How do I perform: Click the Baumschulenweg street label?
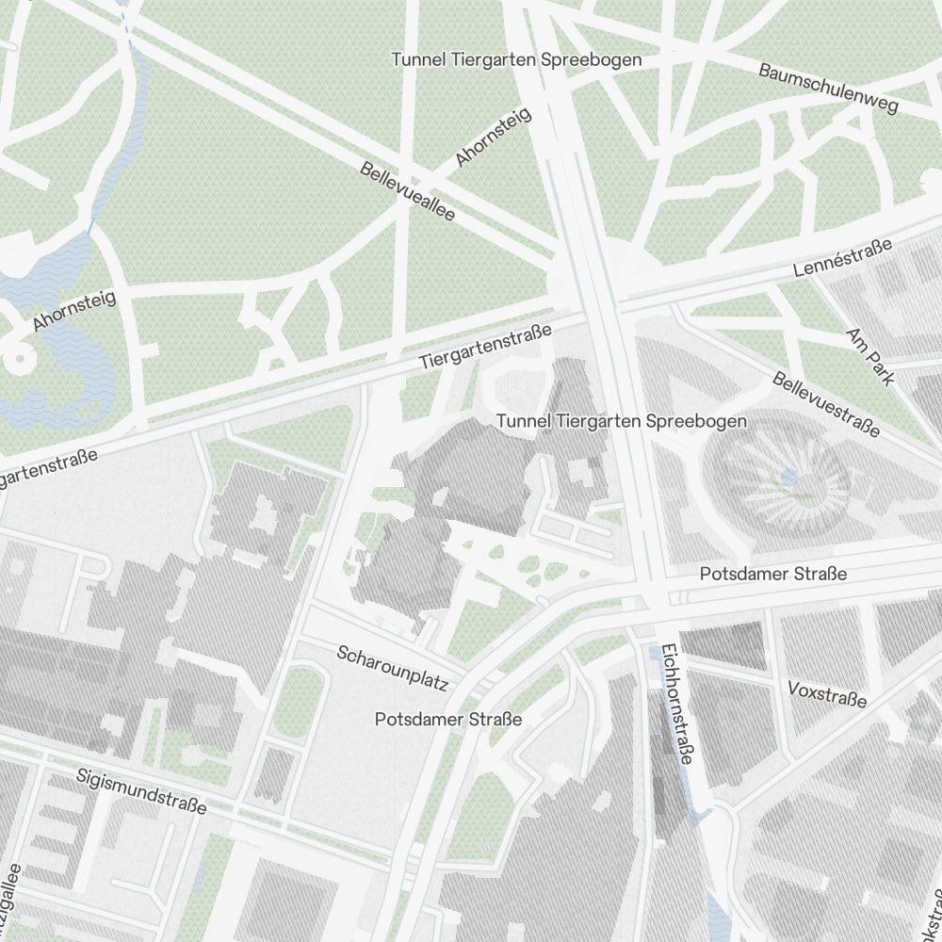829,88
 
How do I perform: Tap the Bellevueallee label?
408,192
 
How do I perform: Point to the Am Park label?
869,357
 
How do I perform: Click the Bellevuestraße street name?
826,404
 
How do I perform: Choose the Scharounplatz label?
392,667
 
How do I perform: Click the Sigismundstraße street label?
141,791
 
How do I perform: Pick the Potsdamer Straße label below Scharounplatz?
447,720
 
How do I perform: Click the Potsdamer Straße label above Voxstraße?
772,574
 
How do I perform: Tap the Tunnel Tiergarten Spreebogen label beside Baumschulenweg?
516,60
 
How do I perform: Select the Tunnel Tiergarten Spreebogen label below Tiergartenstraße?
622,421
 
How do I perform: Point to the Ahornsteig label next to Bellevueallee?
493,138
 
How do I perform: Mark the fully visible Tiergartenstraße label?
485,347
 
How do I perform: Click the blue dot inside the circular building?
788,479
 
